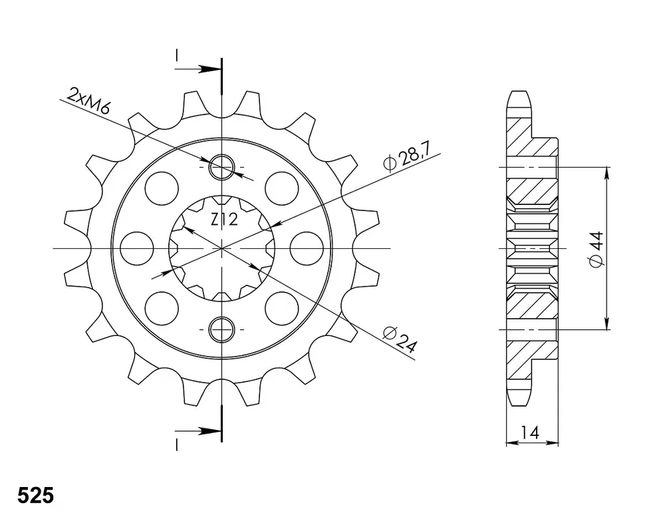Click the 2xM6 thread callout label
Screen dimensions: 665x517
coord(89,101)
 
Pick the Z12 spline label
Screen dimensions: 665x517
coord(224,220)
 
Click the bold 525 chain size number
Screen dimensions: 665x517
coord(36,495)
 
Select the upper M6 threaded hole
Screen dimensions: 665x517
coord(221,166)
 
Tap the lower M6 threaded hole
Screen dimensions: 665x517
coord(221,329)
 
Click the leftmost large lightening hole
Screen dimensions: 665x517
coord(136,248)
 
